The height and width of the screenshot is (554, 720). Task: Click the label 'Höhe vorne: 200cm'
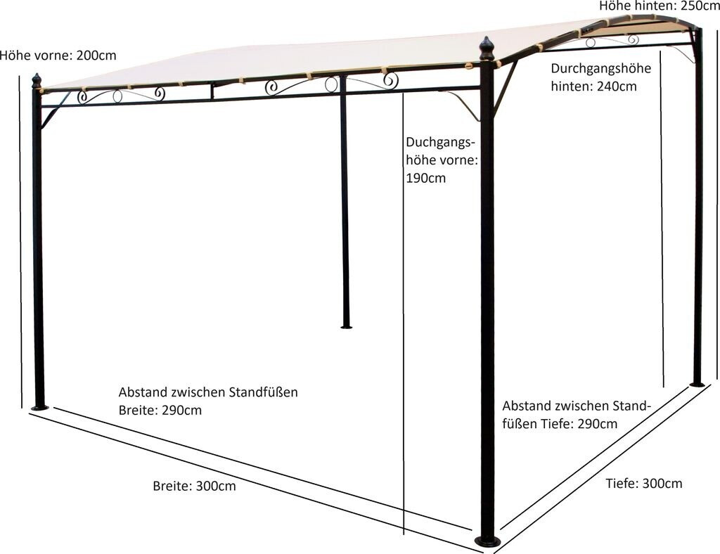(x=58, y=56)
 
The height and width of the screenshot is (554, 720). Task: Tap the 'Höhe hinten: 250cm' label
(x=659, y=6)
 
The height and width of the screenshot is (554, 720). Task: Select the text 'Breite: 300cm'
(x=194, y=486)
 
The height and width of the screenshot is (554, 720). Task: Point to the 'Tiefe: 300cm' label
(x=643, y=484)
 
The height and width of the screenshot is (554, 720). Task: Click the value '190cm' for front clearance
(x=425, y=178)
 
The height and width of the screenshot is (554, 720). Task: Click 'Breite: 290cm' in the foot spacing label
(x=160, y=410)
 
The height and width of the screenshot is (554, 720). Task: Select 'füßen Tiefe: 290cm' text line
(x=560, y=423)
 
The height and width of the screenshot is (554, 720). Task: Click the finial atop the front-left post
(x=37, y=80)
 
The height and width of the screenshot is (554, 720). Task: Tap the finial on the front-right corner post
(x=487, y=49)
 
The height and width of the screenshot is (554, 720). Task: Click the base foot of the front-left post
(x=39, y=406)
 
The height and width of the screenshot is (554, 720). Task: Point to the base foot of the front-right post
(x=487, y=541)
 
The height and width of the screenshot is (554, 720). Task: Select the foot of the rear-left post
(x=346, y=326)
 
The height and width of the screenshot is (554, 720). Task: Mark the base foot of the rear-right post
(x=697, y=383)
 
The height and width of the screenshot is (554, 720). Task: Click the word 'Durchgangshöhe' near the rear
(x=600, y=69)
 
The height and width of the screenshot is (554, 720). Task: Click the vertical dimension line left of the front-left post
(x=20, y=239)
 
